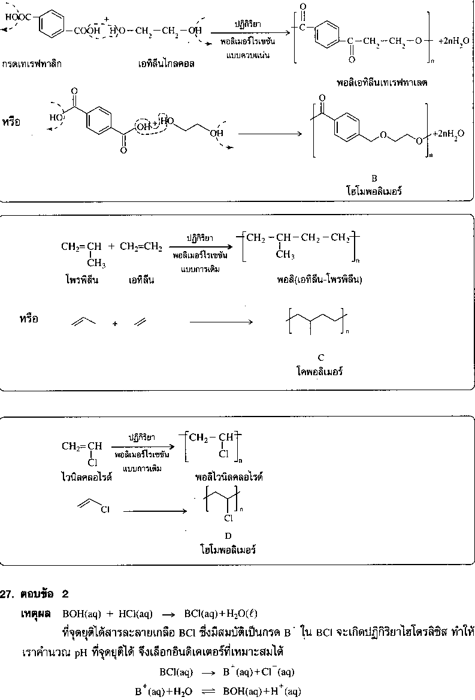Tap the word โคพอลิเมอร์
(320, 372)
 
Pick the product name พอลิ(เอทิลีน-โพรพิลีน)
(319, 279)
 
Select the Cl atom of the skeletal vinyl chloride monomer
(105, 510)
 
